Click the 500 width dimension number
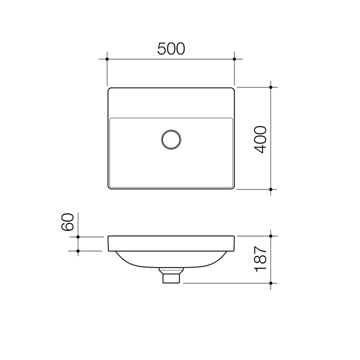pyautogui.click(x=171, y=48)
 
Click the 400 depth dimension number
pyautogui.click(x=260, y=139)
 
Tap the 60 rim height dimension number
pyautogui.click(x=68, y=221)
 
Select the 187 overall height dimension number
pyautogui.click(x=260, y=259)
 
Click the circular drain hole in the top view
pyautogui.click(x=171, y=139)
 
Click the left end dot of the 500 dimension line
pyautogui.click(x=107, y=59)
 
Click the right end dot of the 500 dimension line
pyautogui.click(x=234, y=59)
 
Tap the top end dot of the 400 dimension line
pyautogui.click(x=270, y=87)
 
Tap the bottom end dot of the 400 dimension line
pyautogui.click(x=270, y=189)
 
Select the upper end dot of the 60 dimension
pyautogui.click(x=78, y=236)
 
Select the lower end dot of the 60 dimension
pyautogui.click(x=78, y=251)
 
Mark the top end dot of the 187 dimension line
pyautogui.click(x=270, y=235)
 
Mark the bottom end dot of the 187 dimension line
pyautogui.click(x=270, y=283)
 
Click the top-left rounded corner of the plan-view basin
pyautogui.click(x=110, y=90)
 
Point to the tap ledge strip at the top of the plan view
pyautogui.click(x=171, y=103)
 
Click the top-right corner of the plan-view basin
pyautogui.click(x=232, y=90)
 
